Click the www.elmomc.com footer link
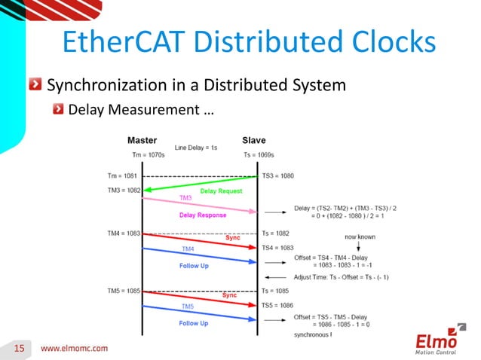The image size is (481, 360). click(x=74, y=348)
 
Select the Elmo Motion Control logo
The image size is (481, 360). click(x=440, y=340)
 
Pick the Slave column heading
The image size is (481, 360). click(x=253, y=141)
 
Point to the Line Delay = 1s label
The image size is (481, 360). click(x=196, y=148)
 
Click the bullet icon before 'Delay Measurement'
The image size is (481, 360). click(x=58, y=111)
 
